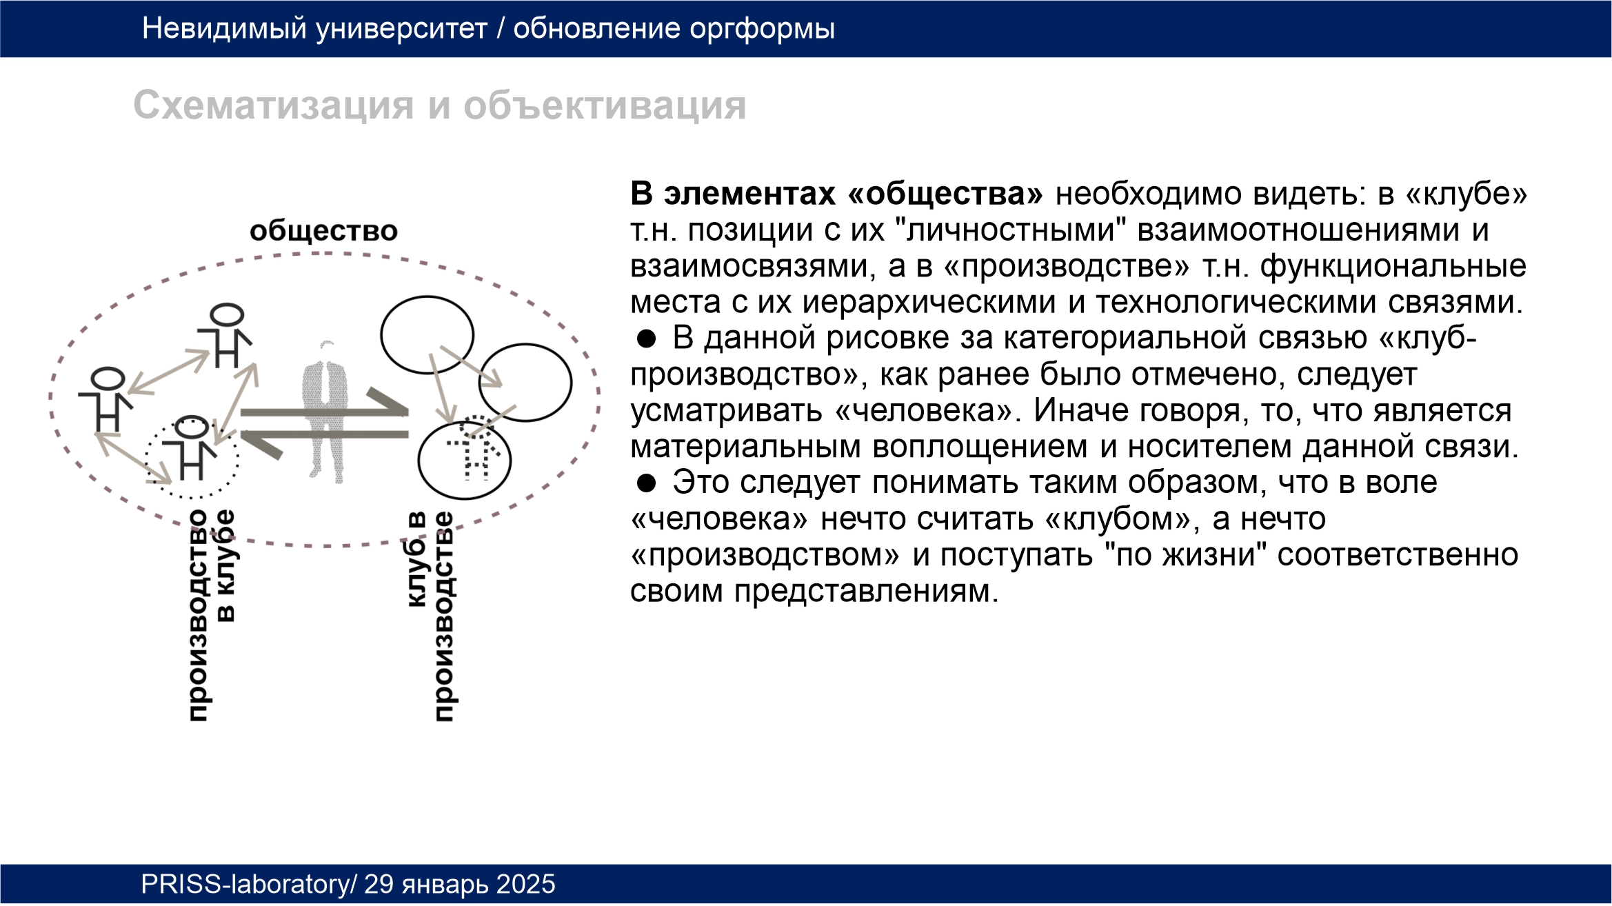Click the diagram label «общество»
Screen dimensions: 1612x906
[323, 231]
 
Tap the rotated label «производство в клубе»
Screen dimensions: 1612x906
[212, 615]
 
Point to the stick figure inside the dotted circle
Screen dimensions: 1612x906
[191, 448]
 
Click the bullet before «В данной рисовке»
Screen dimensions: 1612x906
[646, 339]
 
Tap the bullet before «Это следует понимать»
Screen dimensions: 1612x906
[646, 483]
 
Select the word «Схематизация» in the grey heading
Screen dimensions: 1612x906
[274, 105]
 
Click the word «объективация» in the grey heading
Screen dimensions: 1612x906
[605, 105]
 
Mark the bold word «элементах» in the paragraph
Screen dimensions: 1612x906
[749, 194]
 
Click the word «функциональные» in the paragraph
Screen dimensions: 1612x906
[1393, 267]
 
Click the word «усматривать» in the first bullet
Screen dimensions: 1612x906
[727, 412]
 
